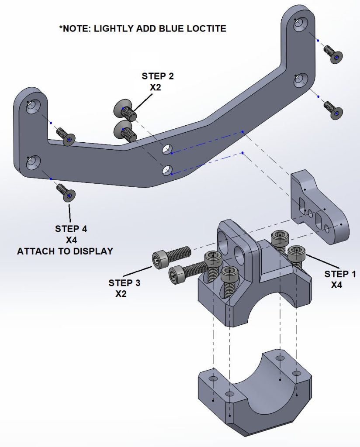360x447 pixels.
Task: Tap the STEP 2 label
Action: click(x=157, y=76)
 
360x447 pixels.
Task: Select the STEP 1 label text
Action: click(x=340, y=274)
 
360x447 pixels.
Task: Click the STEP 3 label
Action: click(x=124, y=283)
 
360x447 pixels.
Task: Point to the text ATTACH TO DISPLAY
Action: click(x=65, y=251)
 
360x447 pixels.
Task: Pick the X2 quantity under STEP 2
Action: click(x=156, y=87)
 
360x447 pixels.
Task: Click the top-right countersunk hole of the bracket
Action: click(x=300, y=24)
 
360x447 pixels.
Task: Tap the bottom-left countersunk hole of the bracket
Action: click(x=32, y=163)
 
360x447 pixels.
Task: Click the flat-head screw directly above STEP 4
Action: click(x=66, y=193)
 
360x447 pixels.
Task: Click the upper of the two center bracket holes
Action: click(x=167, y=150)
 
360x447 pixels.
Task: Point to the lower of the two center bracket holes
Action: click(x=166, y=170)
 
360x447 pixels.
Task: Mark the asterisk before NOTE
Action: click(x=61, y=28)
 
